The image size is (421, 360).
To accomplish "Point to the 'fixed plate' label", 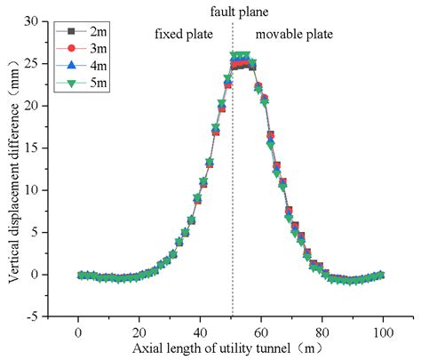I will (184, 36).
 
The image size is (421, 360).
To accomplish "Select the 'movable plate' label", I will (294, 36).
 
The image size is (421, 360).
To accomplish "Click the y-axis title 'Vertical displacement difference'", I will (15, 167).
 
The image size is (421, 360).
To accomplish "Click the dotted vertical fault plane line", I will (233, 178).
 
